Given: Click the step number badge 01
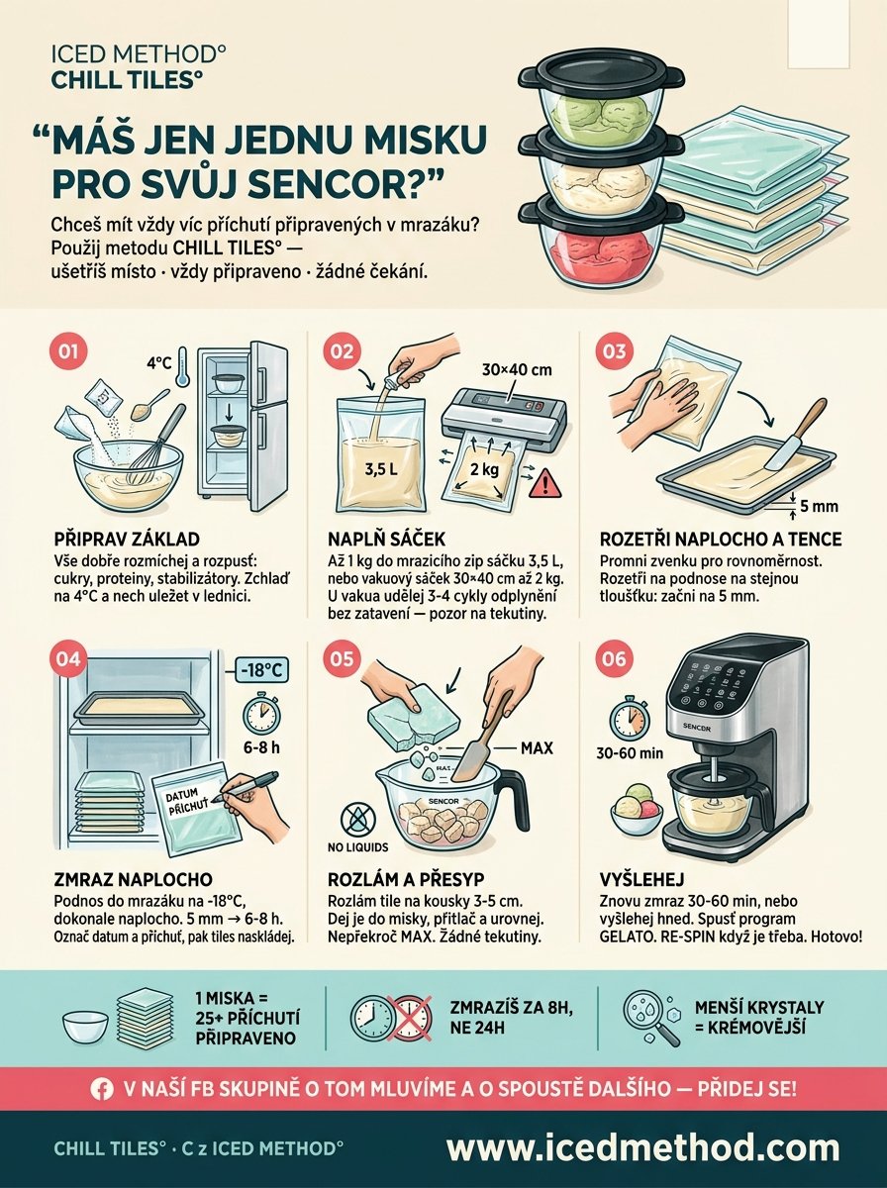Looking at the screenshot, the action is pyautogui.click(x=68, y=351).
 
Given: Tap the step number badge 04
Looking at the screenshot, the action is pyautogui.click(x=68, y=658).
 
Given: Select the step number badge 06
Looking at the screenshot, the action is pyautogui.click(x=614, y=658).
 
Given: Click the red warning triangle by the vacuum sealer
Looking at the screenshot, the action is pyautogui.click(x=546, y=483).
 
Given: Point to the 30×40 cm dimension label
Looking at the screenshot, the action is pyautogui.click(x=517, y=370).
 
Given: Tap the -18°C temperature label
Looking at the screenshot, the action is pyautogui.click(x=260, y=670).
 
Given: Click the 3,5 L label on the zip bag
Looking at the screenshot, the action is pyautogui.click(x=380, y=468).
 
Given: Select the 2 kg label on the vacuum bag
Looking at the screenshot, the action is pyautogui.click(x=484, y=468).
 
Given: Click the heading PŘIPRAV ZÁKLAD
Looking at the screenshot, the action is pyautogui.click(x=127, y=540).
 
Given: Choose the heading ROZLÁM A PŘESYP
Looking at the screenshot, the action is pyautogui.click(x=406, y=879).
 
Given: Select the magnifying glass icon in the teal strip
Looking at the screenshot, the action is pyautogui.click(x=650, y=1019).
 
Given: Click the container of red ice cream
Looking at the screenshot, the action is pyautogui.click(x=600, y=241).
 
